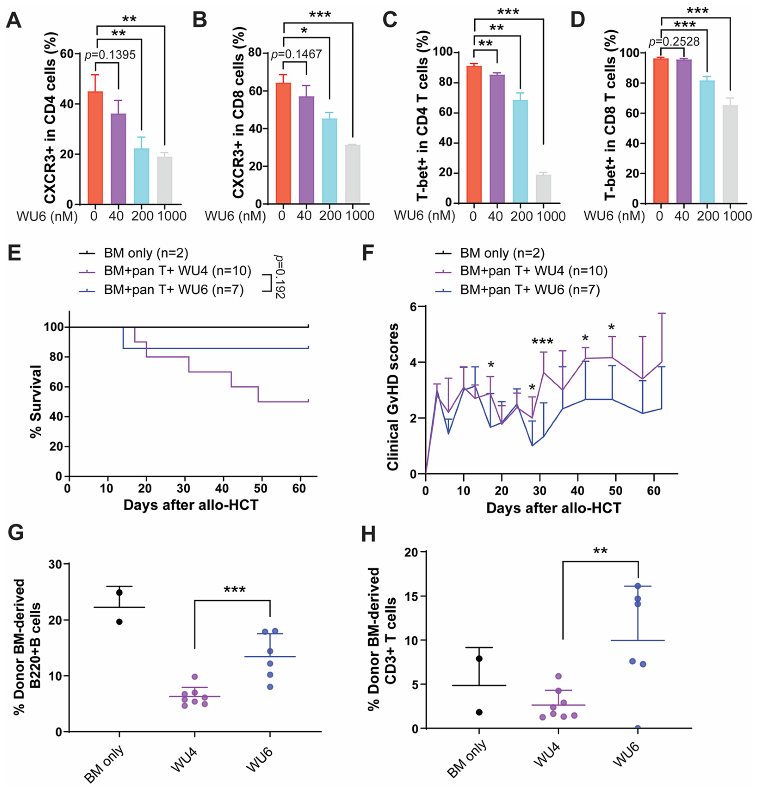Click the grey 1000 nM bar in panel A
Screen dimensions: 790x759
tap(164, 180)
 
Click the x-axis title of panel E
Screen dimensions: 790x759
tap(190, 505)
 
